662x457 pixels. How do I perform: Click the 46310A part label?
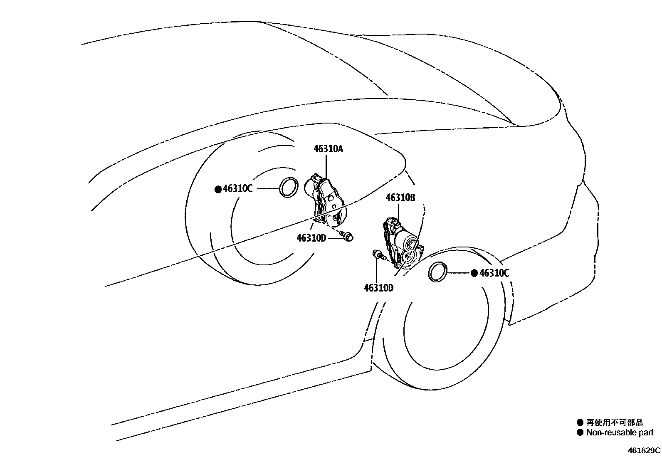point(328,149)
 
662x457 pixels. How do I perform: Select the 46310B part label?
point(400,198)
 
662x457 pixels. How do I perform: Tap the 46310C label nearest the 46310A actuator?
point(237,189)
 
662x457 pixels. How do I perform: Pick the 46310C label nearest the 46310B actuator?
point(494,273)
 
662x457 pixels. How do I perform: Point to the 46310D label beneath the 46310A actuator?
point(311,238)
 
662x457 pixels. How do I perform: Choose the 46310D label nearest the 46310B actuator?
point(378,287)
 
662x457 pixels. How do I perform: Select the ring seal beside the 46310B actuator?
point(437,272)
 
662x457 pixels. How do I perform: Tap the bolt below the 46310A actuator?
point(346,236)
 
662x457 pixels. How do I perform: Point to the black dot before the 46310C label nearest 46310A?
point(218,189)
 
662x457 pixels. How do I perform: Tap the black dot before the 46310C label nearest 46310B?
point(474,273)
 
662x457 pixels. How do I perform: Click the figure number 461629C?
point(644,450)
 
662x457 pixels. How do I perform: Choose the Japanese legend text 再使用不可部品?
point(614,423)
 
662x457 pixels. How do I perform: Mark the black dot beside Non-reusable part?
point(580,433)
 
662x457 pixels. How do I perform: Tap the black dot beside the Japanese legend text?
point(580,423)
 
